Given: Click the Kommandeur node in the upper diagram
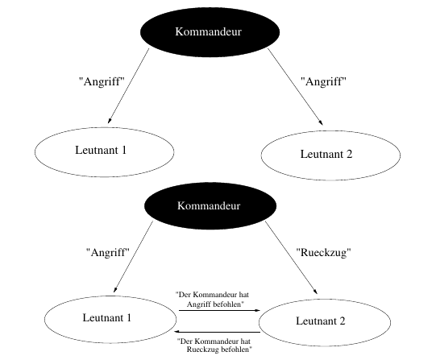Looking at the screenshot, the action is coord(210,32).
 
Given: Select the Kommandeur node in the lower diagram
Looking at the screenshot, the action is coord(210,206).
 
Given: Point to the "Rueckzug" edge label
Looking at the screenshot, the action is coord(323,253).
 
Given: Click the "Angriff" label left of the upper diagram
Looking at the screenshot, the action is coord(102,81).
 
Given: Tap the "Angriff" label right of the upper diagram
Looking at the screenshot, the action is coord(324,81).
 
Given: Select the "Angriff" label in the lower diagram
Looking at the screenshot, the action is coord(108,253).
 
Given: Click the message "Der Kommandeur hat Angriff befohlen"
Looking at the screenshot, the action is coord(213,300).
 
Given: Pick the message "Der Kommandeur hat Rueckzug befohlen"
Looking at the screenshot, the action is coord(214,346).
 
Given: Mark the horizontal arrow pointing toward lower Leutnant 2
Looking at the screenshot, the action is coord(219,310).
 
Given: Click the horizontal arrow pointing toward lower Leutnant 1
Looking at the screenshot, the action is coord(217,332).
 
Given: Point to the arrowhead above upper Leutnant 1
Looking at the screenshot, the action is coord(110,121).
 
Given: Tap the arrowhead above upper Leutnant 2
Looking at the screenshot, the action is coord(321,122).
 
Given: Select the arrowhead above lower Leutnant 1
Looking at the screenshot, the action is coord(115,289).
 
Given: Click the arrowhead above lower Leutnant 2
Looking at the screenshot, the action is coord(315,291).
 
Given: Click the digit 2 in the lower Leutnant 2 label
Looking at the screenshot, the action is coord(342,321).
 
